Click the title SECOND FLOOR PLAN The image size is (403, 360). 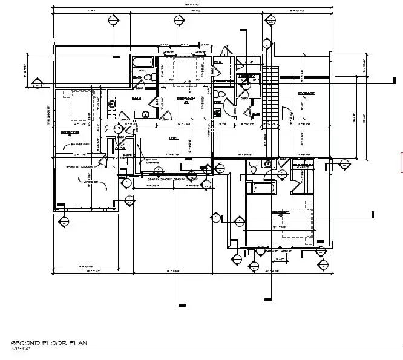(49, 343)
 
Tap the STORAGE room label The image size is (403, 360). (306, 93)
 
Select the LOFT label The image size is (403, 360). (174, 138)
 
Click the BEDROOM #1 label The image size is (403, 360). (69, 133)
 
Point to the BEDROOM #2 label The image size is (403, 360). (185, 100)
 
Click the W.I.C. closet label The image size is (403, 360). (218, 62)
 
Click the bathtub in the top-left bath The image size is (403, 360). (145, 62)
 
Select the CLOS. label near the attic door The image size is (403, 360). (120, 148)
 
